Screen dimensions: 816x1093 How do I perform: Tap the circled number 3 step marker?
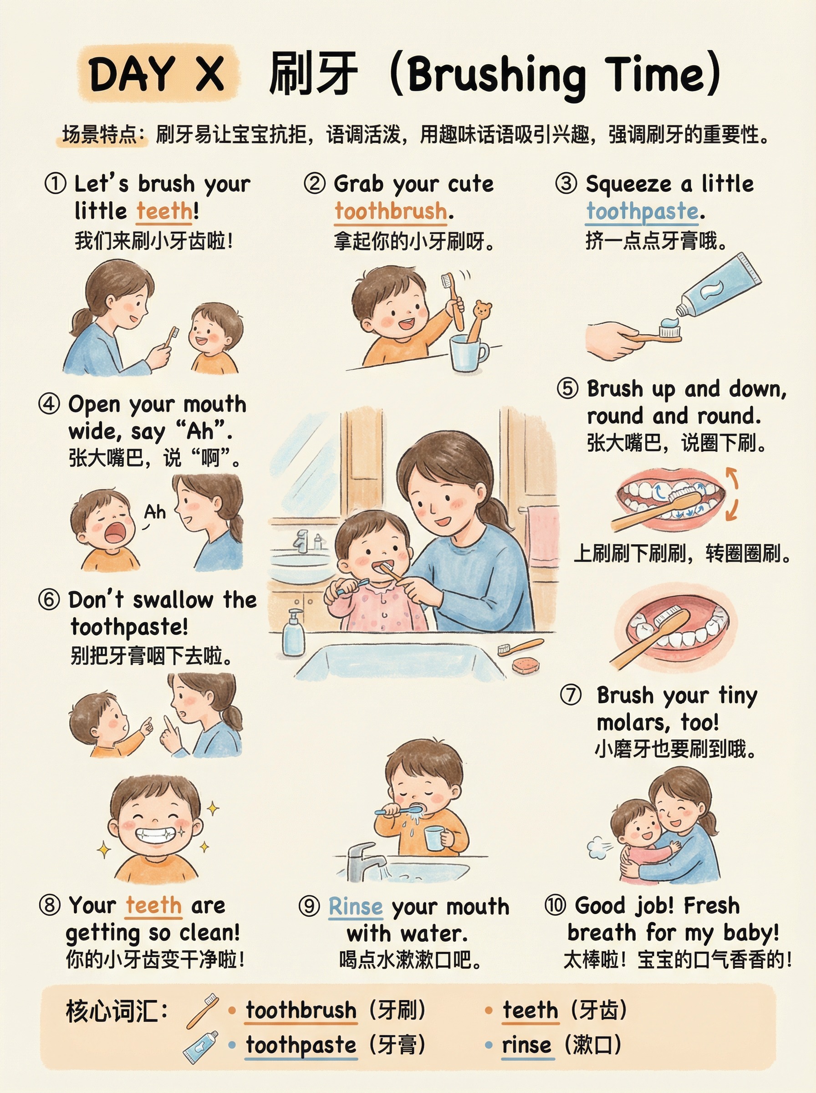[x=566, y=184]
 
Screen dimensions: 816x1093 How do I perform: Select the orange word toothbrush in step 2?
[x=391, y=211]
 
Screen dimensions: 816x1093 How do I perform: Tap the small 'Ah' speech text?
[x=155, y=512]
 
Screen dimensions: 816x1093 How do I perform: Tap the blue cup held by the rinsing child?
[x=434, y=838]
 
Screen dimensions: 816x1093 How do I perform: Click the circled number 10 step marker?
[x=556, y=905]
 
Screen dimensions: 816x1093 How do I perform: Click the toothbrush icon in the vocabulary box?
[x=203, y=1011]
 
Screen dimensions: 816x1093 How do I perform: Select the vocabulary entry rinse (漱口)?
[x=561, y=1045]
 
